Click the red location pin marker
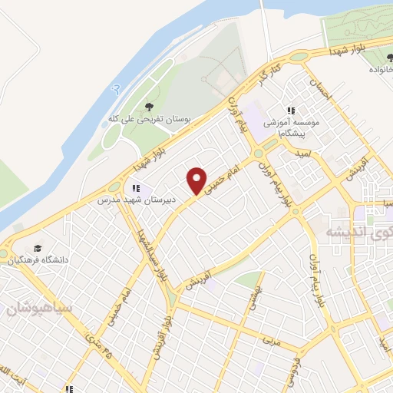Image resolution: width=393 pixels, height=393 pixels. [x=196, y=181]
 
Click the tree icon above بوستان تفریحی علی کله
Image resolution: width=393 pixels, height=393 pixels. [x=149, y=107]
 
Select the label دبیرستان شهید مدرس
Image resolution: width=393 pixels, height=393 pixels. [x=136, y=201]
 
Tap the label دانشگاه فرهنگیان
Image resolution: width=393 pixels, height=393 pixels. [x=38, y=261]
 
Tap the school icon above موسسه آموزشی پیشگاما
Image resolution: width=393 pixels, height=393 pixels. [x=291, y=111]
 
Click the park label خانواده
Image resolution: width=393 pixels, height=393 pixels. [x=377, y=68]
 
